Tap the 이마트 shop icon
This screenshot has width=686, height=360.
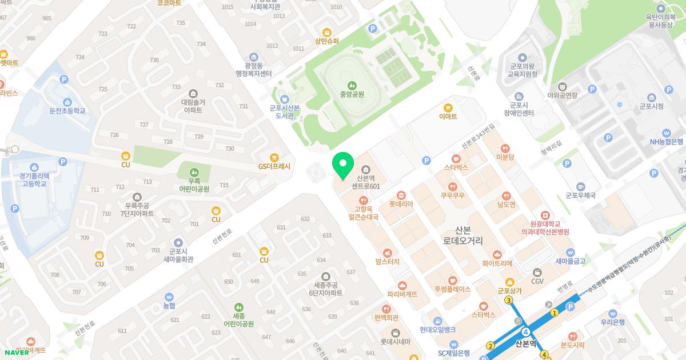(448, 107)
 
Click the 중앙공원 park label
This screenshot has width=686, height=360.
(352, 94)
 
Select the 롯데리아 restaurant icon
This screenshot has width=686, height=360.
(401, 194)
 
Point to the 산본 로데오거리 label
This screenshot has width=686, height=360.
(462, 235)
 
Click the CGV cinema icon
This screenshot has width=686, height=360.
(537, 272)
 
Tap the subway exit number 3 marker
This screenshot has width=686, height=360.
(509, 300)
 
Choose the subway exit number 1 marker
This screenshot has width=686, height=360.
(554, 313)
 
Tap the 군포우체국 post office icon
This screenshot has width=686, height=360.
(581, 186)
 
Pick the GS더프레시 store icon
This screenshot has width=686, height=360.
(274, 157)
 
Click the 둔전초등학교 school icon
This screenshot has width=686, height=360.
(67, 102)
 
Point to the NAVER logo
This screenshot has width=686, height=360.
(17, 352)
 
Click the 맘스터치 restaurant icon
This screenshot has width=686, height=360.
(388, 253)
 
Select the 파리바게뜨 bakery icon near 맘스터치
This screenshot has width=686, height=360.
(402, 285)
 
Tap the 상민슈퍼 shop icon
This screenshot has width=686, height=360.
(327, 32)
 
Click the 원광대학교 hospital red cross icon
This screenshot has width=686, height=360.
(544, 215)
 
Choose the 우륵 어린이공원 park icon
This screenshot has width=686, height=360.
(194, 171)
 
